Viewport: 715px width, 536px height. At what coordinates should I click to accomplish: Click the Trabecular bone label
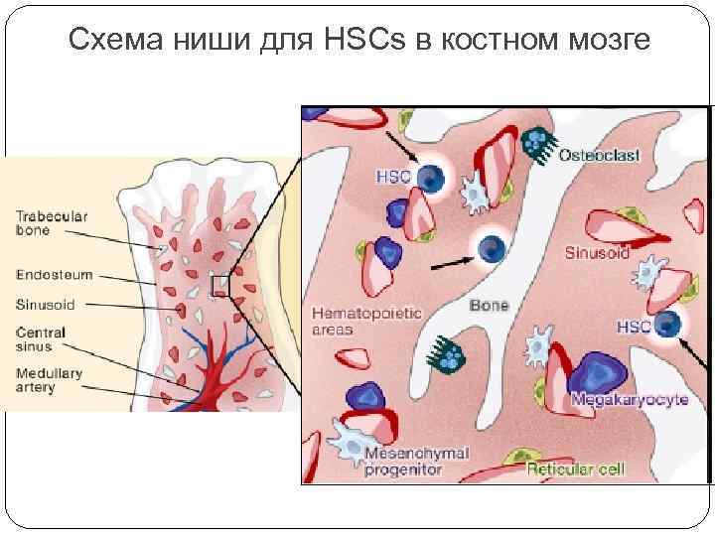click(52, 223)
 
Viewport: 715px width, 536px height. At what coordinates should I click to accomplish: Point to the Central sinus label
click(41, 338)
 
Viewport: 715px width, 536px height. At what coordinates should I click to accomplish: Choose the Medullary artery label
click(49, 380)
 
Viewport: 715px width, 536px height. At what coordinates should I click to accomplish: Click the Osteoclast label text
click(599, 155)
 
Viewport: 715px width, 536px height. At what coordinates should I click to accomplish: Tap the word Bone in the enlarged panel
click(489, 305)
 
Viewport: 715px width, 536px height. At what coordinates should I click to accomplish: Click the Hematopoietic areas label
click(359, 321)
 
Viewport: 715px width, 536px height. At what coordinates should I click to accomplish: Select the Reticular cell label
click(576, 469)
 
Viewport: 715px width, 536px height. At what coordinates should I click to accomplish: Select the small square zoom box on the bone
click(220, 286)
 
